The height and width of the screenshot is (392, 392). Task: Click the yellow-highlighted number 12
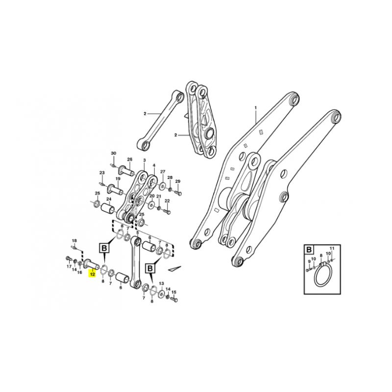(93, 274)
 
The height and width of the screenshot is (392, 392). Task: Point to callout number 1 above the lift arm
(255, 108)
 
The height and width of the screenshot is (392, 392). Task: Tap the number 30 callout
(114, 153)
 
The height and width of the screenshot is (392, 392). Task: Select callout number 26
(129, 159)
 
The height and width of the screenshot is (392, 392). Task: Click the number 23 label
(102, 172)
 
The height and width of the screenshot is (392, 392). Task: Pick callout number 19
(118, 178)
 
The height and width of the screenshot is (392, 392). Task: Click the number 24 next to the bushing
(109, 199)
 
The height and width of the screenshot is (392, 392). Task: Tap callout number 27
(163, 171)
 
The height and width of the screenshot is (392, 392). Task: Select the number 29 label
(178, 181)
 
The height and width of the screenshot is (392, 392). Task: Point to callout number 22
(167, 201)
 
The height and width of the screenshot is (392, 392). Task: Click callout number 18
(74, 241)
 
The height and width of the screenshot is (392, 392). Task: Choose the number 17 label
(69, 267)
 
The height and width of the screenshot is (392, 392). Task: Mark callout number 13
(162, 283)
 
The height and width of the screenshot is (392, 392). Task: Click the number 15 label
(174, 292)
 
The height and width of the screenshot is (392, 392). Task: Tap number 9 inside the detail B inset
(309, 261)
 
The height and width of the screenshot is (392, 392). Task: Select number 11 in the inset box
(332, 248)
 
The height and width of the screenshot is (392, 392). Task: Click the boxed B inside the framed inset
(309, 249)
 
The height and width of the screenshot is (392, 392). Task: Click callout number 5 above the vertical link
(137, 232)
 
